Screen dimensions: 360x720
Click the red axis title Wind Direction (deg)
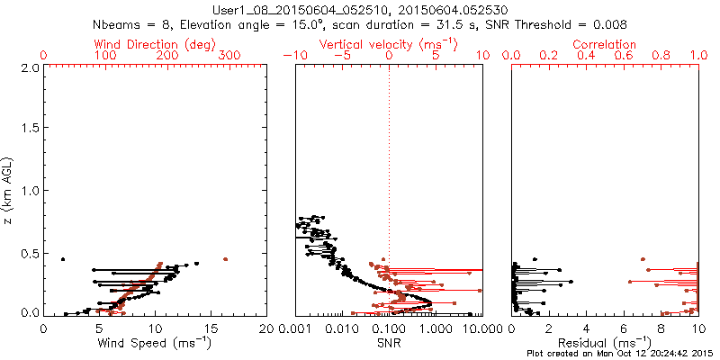pyautogui.click(x=156, y=44)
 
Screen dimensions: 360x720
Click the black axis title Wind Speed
pyautogui.click(x=156, y=343)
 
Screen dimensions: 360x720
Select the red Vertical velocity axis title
pyautogui.click(x=388, y=44)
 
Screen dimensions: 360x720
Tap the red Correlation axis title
pyautogui.click(x=605, y=44)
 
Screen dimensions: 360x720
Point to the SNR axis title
pyautogui.click(x=389, y=343)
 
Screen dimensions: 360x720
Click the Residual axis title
pyautogui.click(x=605, y=343)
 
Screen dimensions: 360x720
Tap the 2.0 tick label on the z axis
pyautogui.click(x=29, y=67)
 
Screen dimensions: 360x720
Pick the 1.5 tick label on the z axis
pyautogui.click(x=29, y=129)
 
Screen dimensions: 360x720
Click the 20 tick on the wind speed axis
pyautogui.click(x=265, y=328)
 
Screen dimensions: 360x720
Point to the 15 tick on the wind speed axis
pyautogui.click(x=211, y=328)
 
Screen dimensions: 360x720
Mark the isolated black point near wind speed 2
pyautogui.click(x=63, y=259)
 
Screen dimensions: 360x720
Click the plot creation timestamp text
pyautogui.click(x=622, y=354)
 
